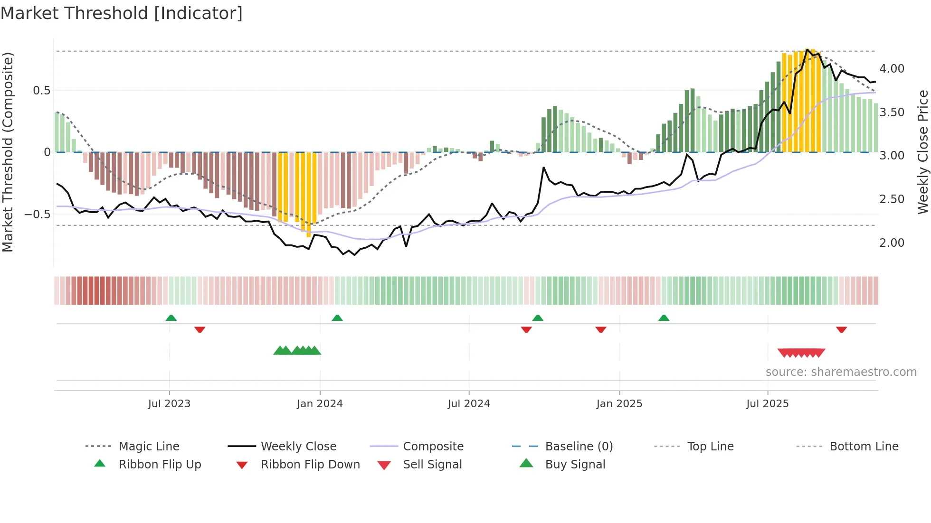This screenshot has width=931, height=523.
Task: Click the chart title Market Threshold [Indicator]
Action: point(122,13)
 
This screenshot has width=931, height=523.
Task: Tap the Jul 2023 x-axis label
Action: point(169,404)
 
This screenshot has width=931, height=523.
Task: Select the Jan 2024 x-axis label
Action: point(320,404)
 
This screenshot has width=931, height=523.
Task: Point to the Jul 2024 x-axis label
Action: point(469,404)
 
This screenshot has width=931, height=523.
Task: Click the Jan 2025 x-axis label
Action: point(619,404)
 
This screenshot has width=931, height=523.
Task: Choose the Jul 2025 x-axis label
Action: point(768,404)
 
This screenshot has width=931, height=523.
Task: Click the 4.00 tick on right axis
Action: point(892,69)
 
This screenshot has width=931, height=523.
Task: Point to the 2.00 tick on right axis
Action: point(892,243)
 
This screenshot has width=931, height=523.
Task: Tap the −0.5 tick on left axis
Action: point(38,215)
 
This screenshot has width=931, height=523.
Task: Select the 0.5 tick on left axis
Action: point(42,91)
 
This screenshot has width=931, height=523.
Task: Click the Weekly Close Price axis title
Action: point(922,152)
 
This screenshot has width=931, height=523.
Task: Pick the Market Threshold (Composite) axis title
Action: point(8,152)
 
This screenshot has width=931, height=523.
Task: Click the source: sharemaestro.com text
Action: point(841,372)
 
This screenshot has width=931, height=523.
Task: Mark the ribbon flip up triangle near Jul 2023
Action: point(171,318)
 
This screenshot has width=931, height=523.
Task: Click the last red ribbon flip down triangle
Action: point(841,329)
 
